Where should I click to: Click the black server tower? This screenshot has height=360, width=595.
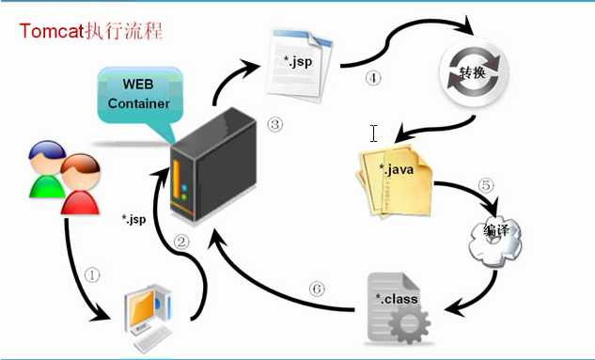[x=212, y=167]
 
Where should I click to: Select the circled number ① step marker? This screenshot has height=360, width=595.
[x=91, y=275]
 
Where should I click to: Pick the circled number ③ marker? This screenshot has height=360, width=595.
[x=274, y=124]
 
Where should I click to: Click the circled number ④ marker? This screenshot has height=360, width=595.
[x=373, y=78]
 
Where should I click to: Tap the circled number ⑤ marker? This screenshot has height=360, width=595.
[x=486, y=185]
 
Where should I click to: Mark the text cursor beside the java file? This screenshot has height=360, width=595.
[x=373, y=133]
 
